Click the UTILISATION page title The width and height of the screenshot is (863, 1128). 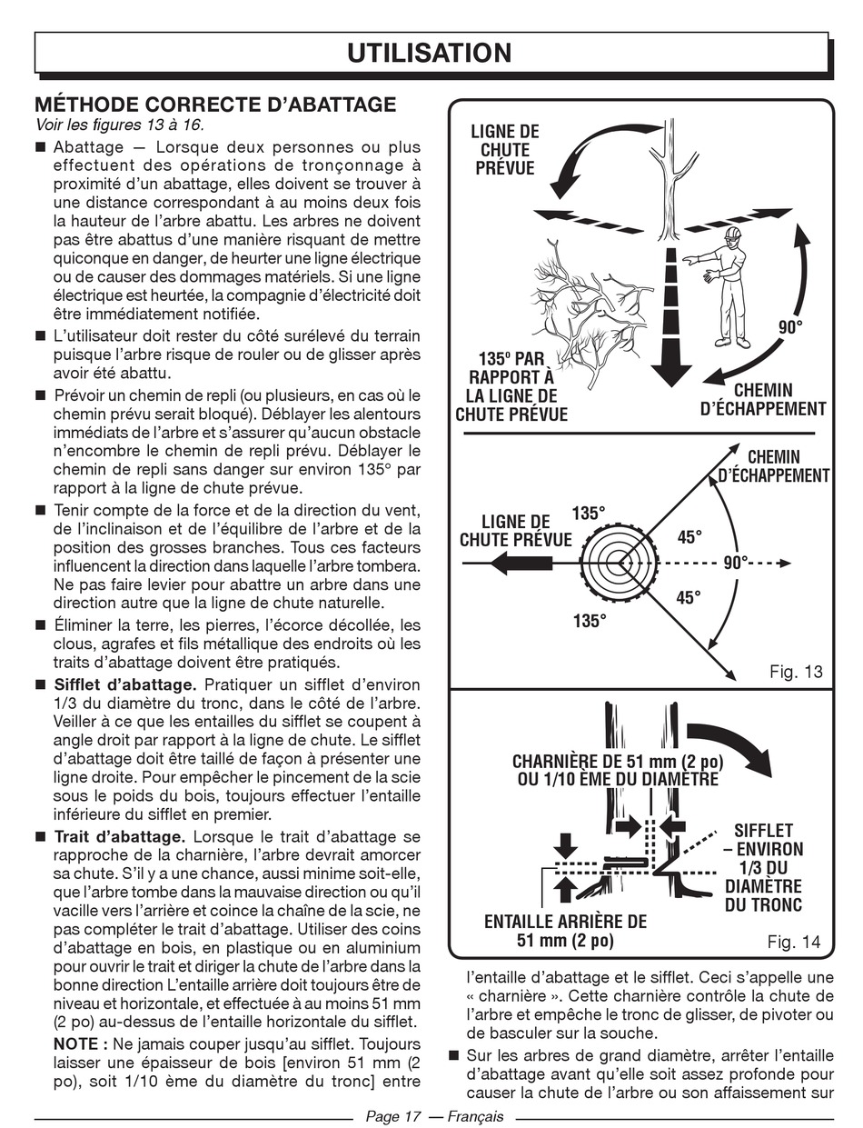click(431, 53)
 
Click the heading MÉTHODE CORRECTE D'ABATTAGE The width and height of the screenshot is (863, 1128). click(214, 105)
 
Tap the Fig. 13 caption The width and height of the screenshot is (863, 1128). click(795, 672)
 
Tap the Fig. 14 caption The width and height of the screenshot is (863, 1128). click(793, 943)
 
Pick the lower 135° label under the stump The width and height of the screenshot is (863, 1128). click(588, 622)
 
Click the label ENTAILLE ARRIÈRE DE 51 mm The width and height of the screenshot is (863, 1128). click(565, 931)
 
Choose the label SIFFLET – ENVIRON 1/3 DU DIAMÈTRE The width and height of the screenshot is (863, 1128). click(763, 867)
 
